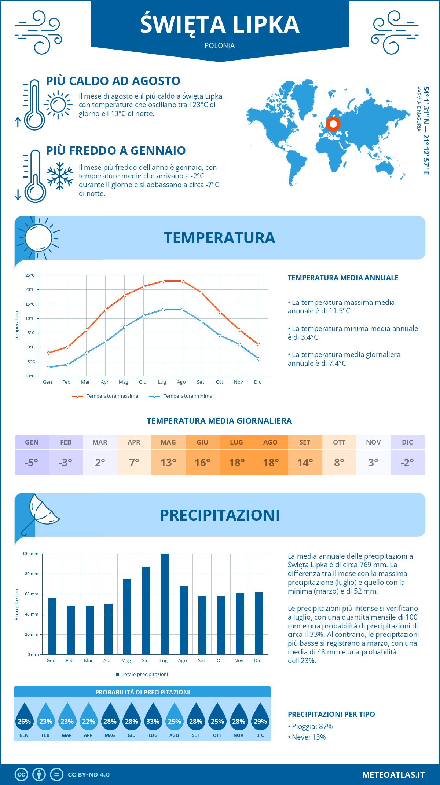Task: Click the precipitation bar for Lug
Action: click(x=165, y=604)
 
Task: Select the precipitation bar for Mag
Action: click(x=127, y=616)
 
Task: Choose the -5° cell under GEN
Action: click(x=32, y=463)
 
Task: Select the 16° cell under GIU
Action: click(x=202, y=463)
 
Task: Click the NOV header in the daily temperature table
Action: click(x=373, y=442)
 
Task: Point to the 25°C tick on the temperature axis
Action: click(x=30, y=275)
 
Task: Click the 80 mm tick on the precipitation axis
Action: click(x=32, y=574)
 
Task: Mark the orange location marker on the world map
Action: click(x=333, y=124)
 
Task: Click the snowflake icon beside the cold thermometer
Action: click(x=60, y=176)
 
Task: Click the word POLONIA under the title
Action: click(x=220, y=45)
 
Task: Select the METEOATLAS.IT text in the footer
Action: click(x=393, y=775)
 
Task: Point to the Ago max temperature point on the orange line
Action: click(x=182, y=281)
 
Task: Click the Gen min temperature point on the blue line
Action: click(x=48, y=367)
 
